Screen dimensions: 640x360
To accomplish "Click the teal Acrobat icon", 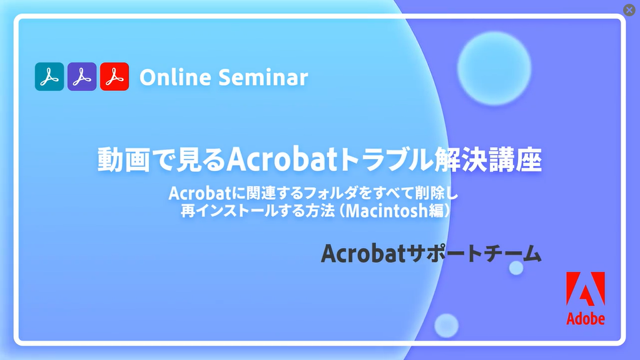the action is tap(49, 76).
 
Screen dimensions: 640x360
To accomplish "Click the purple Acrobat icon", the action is tap(82, 76).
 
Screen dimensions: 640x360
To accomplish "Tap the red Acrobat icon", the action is tap(114, 76).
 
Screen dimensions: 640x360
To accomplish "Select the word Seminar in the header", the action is tap(263, 77).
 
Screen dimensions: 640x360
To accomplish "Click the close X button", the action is tap(629, 10).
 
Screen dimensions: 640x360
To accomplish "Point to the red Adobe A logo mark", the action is tap(586, 289).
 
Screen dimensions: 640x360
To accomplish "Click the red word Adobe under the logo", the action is tap(586, 318).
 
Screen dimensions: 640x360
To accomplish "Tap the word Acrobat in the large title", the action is tap(282, 159).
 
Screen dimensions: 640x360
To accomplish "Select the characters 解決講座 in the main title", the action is tap(488, 160).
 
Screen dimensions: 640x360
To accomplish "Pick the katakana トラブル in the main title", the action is tap(386, 160).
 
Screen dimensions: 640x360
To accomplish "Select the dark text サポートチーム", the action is tap(474, 254).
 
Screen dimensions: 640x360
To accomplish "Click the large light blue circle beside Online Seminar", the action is tap(494, 68).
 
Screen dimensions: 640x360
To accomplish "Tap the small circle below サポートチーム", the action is tap(516, 268).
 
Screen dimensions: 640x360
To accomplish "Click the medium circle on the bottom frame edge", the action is tap(447, 326).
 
